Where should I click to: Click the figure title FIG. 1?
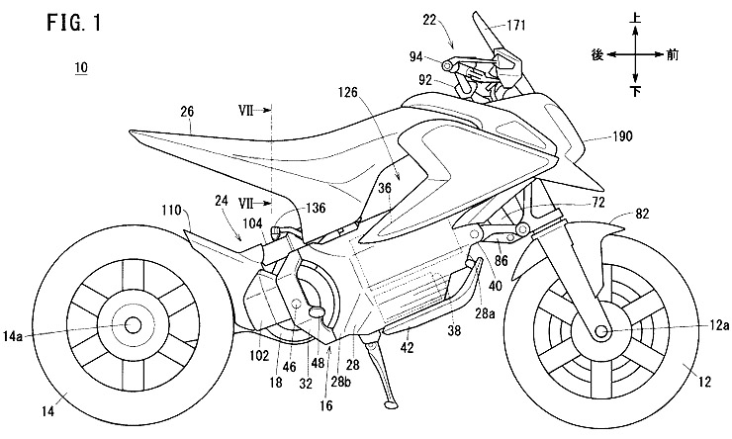47,22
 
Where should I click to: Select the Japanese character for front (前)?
673,54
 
